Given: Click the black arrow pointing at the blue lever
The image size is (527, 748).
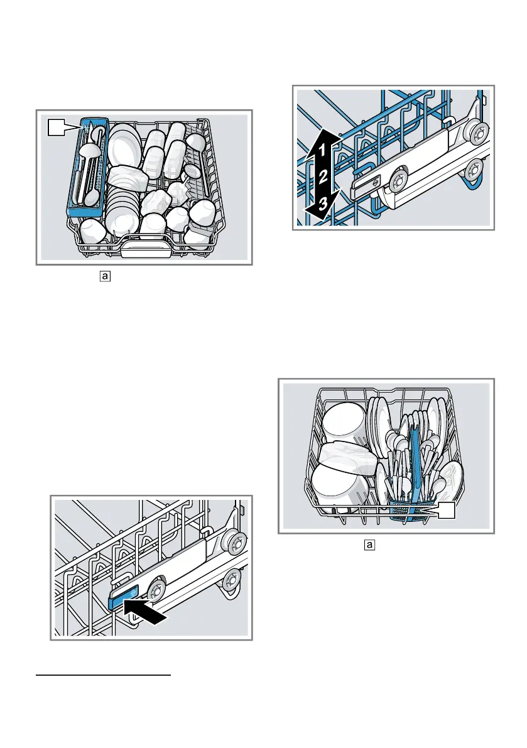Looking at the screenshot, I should (x=146, y=609).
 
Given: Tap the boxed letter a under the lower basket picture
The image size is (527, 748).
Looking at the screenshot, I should (x=370, y=544).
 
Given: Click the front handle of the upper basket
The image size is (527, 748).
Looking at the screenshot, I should (x=144, y=249).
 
